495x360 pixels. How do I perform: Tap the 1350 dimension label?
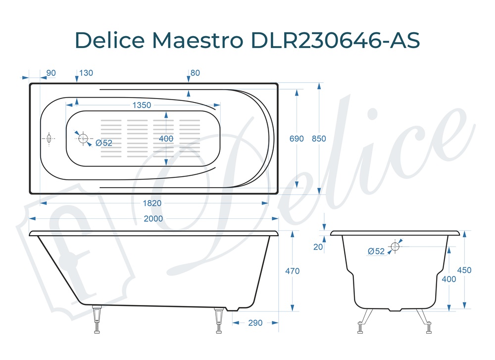coord(142,105)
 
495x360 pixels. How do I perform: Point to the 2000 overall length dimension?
coord(153,219)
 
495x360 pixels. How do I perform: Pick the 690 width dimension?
coord(297,139)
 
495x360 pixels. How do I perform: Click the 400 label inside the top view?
coord(166,139)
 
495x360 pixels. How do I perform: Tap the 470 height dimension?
coord(293,271)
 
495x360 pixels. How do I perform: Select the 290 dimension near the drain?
coord(255,323)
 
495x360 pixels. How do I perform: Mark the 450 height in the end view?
coord(464,270)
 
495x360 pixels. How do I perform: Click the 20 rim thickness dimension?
coord(318,247)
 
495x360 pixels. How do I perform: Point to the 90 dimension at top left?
coord(50,73)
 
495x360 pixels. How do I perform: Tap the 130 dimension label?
coord(86,73)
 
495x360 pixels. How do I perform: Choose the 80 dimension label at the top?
coord(195,73)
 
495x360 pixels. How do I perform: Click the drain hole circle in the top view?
coord(83,138)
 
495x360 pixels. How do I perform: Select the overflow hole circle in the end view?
coord(395,246)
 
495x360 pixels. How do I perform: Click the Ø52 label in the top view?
coord(104,143)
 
